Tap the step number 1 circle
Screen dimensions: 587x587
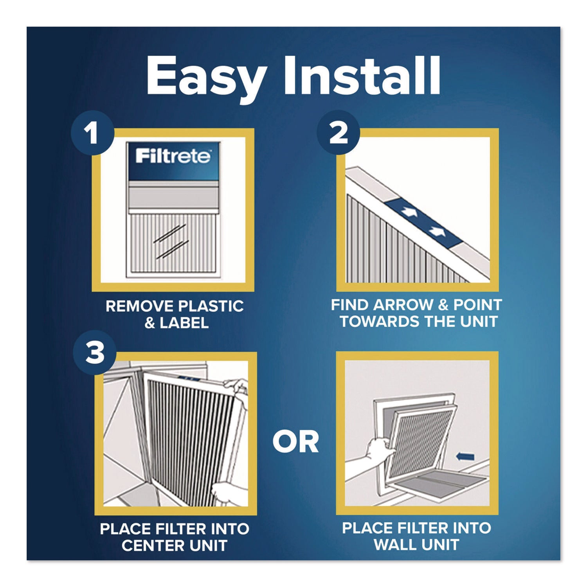(92, 133)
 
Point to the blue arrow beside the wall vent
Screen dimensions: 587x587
(465, 456)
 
